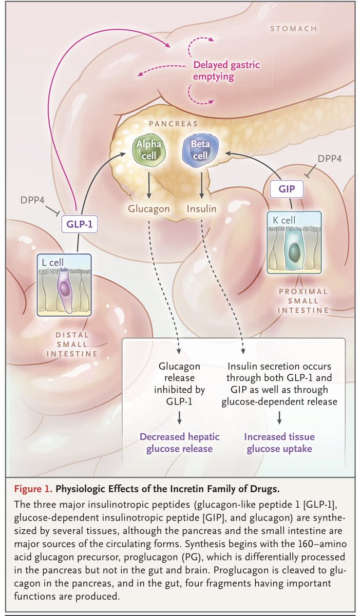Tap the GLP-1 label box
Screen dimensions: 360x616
(80, 224)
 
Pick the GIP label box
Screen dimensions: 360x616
(287, 189)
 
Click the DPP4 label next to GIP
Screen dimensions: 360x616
(330, 159)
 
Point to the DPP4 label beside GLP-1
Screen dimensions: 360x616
(32, 200)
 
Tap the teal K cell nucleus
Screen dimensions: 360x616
(295, 251)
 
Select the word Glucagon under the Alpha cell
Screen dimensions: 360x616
(149, 209)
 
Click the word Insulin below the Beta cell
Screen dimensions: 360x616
(202, 209)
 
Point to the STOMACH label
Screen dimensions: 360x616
(293, 29)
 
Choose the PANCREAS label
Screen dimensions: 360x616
(173, 124)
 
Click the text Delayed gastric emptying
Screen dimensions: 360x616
(226, 70)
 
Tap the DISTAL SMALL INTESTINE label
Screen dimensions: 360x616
(72, 344)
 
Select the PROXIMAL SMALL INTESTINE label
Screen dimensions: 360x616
(304, 301)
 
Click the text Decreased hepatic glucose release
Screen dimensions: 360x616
(179, 442)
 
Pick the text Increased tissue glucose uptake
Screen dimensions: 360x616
(279, 442)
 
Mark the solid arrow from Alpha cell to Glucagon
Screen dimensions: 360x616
(149, 185)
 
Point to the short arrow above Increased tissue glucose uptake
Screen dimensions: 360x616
(279, 418)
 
